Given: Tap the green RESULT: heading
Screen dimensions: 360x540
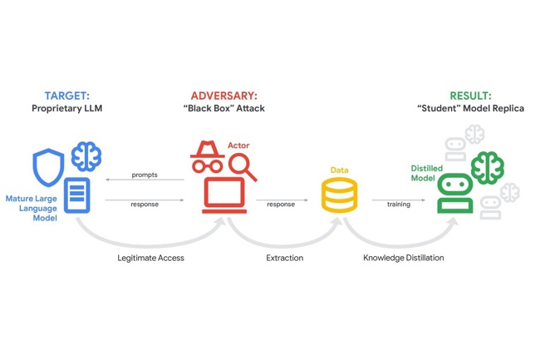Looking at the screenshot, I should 470,96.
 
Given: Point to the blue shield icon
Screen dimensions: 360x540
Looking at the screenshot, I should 47,168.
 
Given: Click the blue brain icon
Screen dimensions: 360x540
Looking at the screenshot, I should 86,155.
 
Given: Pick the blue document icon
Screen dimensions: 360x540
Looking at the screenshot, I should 77,195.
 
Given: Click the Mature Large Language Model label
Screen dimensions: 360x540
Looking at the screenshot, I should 32,208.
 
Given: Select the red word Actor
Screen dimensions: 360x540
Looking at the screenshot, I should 238,146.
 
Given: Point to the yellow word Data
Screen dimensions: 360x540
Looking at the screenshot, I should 339,170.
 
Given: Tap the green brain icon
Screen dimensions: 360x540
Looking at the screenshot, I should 487,167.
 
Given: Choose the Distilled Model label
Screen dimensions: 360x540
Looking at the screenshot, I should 427,172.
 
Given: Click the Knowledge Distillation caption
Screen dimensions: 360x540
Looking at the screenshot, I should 404,258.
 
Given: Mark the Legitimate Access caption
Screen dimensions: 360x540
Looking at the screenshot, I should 150,258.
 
